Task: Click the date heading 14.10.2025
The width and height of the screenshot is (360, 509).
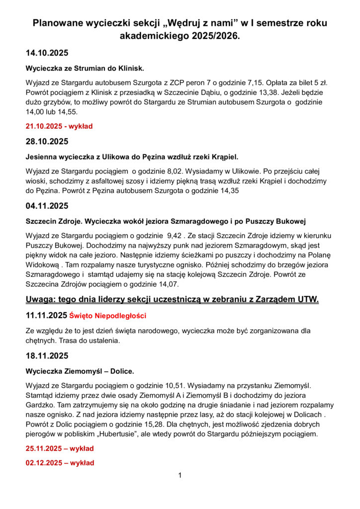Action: [47, 53]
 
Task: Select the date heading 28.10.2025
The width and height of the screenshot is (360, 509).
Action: [47, 142]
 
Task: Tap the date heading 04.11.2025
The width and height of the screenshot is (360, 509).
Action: [47, 205]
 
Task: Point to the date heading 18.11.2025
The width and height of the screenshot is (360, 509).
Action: [47, 356]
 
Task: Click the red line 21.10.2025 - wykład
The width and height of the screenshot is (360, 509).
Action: [59, 126]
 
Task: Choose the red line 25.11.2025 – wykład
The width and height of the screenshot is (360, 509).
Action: [60, 448]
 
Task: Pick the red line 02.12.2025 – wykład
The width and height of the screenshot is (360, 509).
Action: [60, 463]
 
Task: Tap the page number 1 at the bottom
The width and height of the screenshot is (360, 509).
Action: [180, 476]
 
